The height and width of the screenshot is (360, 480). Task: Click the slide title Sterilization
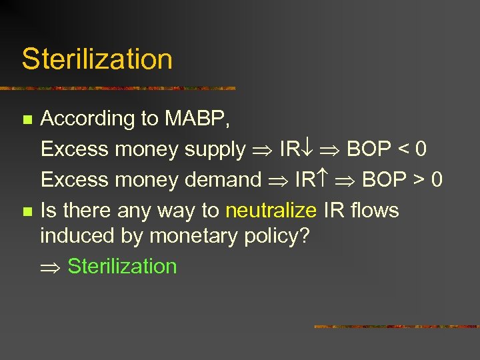(97, 59)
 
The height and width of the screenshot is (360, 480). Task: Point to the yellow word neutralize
(271, 211)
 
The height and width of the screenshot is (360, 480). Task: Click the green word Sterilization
(122, 266)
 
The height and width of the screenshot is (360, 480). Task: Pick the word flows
(374, 211)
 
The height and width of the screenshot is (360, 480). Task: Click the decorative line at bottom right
(397, 327)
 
